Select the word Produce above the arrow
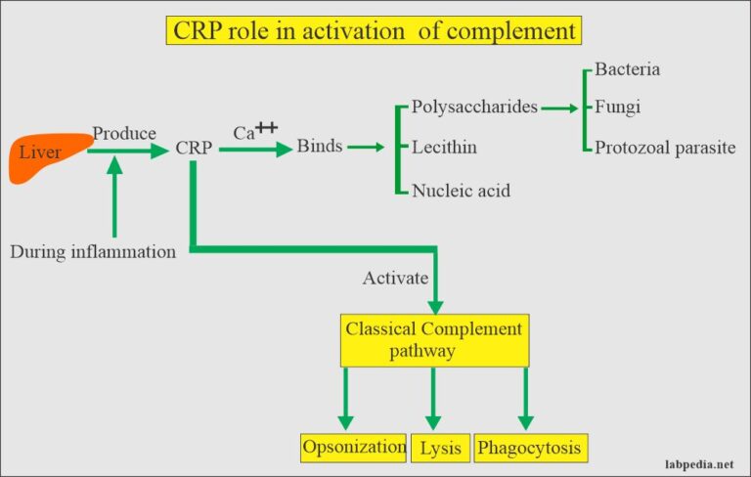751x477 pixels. tap(124, 132)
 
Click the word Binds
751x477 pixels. tap(319, 147)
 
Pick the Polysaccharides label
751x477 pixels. tap(474, 107)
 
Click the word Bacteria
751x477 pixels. tap(627, 69)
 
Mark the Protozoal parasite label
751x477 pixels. tap(664, 148)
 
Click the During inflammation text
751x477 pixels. tap(93, 251)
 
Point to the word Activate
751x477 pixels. tap(396, 278)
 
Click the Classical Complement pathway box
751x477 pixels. tap(434, 339)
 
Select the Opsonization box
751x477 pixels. tap(354, 447)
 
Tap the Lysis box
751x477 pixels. tap(440, 448)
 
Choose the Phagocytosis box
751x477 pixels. tap(532, 448)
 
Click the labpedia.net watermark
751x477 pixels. tap(697, 465)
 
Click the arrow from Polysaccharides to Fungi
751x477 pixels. tap(562, 108)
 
